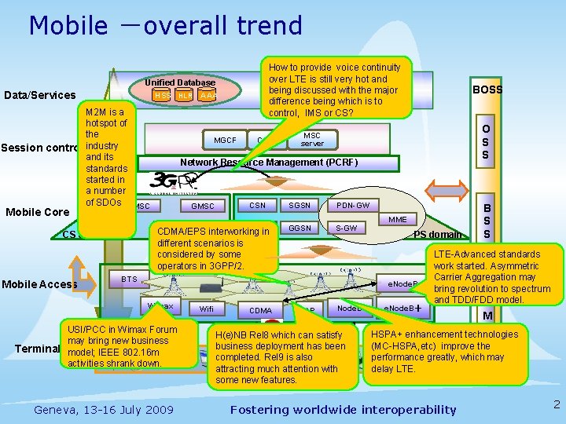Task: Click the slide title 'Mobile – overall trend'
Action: point(165,26)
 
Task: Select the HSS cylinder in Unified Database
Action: point(161,95)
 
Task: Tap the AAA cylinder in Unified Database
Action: point(208,95)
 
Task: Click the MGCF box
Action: point(225,141)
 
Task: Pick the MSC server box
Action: point(312,139)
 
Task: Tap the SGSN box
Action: point(300,206)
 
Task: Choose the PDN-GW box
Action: point(352,206)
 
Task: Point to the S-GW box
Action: point(346,228)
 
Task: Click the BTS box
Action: point(130,279)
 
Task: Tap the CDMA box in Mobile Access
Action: point(260,311)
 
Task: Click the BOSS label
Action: point(487,90)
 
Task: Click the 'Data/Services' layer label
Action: point(40,96)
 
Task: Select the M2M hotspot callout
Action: point(106,157)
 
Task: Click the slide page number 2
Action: point(556,405)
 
